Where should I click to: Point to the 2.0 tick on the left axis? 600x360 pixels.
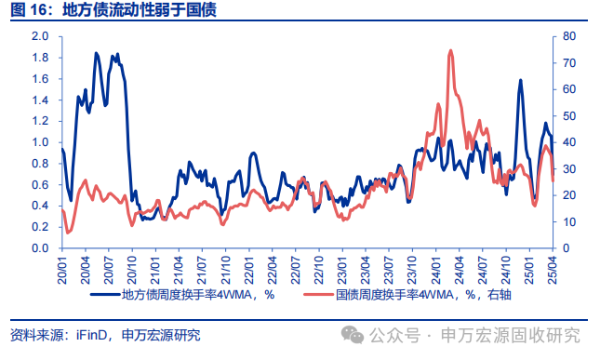click(40, 36)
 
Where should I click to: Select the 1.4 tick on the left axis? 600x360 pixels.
click(40, 100)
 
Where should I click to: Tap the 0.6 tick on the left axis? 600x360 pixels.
click(40, 184)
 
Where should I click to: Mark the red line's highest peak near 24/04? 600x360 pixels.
click(450, 50)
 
